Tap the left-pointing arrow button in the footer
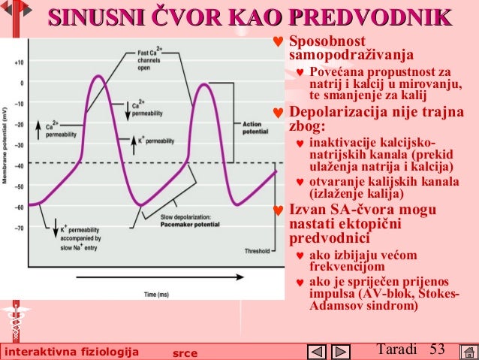(x=318, y=351)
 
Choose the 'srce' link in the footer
(x=184, y=352)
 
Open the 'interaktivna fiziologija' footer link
(x=71, y=352)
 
